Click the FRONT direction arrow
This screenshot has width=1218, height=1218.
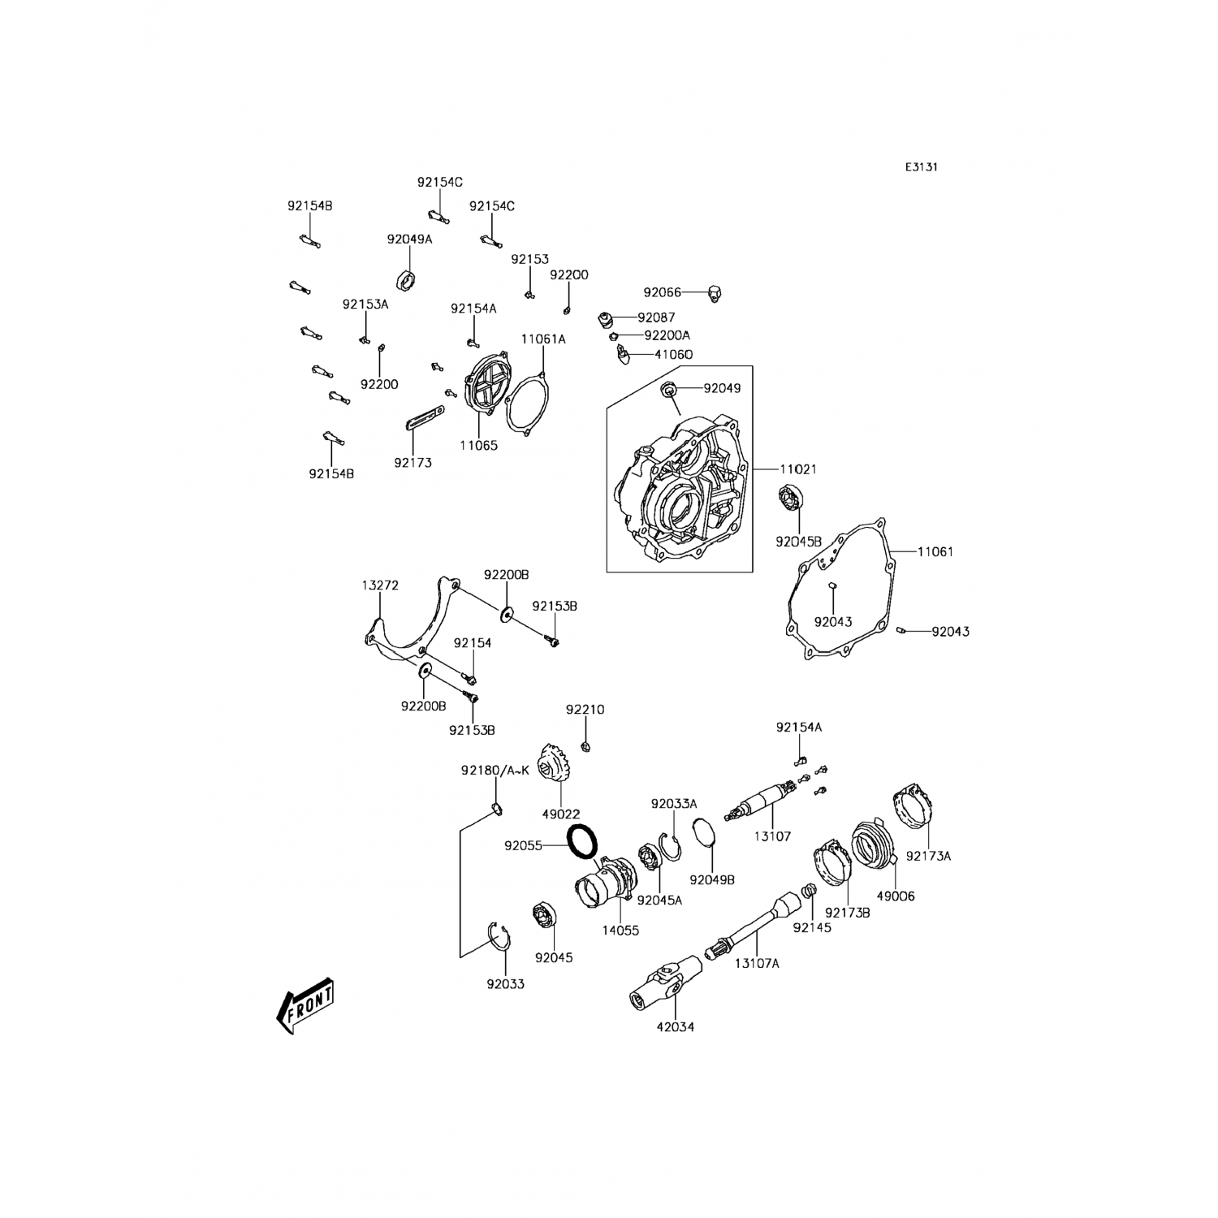point(305,1005)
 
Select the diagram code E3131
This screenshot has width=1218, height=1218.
point(922,167)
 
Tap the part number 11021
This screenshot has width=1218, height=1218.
point(798,469)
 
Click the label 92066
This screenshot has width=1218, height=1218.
point(662,292)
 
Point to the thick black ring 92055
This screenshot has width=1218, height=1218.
point(582,840)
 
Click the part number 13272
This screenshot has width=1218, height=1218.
point(380,585)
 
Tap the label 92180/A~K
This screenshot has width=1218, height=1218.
point(495,770)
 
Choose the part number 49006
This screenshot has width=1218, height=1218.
point(895,896)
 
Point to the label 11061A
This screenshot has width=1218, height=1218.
point(543,339)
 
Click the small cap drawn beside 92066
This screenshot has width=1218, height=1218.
point(715,292)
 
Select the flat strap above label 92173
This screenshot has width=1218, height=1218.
point(423,423)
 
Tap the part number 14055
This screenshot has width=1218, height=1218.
point(620,931)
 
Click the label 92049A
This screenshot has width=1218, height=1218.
point(409,240)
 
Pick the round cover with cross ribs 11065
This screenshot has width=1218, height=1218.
point(484,395)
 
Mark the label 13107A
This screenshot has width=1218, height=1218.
point(757,963)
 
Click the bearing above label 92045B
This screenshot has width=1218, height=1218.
point(790,499)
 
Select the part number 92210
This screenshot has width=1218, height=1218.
point(585,710)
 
